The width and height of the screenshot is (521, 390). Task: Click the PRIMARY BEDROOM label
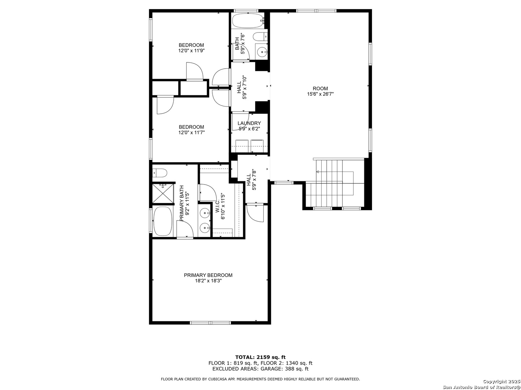[x=208, y=275]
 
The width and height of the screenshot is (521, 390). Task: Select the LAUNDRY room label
[x=249, y=123]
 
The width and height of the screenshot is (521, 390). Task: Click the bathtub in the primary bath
[x=162, y=221]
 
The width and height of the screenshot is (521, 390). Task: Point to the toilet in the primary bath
[x=160, y=173]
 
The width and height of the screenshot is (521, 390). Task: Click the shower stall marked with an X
[x=163, y=194]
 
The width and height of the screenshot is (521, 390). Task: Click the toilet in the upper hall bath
[x=260, y=37]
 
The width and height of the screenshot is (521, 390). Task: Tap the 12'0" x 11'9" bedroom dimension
[x=191, y=51]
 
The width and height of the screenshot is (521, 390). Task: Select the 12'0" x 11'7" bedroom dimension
[x=191, y=133]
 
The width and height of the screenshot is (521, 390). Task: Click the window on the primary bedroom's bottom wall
[x=210, y=322]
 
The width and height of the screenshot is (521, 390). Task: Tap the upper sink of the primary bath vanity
[x=204, y=213]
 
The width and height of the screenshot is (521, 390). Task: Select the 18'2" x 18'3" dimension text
[x=208, y=281]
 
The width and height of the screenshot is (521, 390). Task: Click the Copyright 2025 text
[x=501, y=381]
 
